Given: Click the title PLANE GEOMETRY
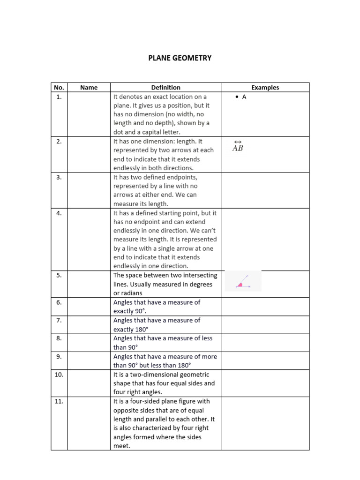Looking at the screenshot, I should [180, 58].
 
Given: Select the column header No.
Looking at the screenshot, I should [59, 87].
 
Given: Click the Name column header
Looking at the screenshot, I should [89, 87].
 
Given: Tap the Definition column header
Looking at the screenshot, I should [165, 87].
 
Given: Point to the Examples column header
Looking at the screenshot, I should [265, 87].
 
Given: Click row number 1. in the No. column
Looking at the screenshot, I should [59, 97].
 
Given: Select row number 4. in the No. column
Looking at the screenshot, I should [59, 213].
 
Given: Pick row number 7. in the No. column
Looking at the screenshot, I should [59, 320].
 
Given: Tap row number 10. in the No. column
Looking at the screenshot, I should [59, 375].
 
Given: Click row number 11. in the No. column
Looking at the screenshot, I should [59, 401].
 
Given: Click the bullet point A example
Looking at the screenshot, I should [241, 97].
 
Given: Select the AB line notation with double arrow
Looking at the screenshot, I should [238, 146].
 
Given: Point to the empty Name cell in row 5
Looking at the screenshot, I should [89, 284].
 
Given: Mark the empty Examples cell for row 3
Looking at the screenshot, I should [265, 190].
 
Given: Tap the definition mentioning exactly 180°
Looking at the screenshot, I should [157, 324].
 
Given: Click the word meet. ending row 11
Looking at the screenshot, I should [121, 446].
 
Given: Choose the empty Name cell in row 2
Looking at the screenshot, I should [89, 154].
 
